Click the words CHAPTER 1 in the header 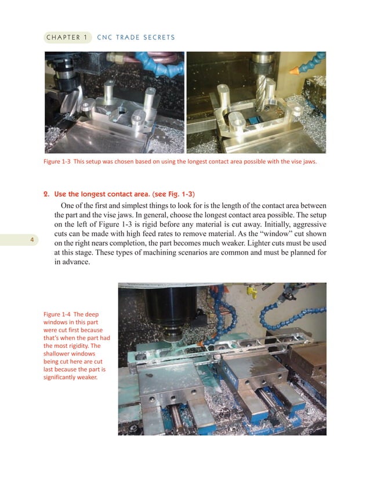pos(66,38)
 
